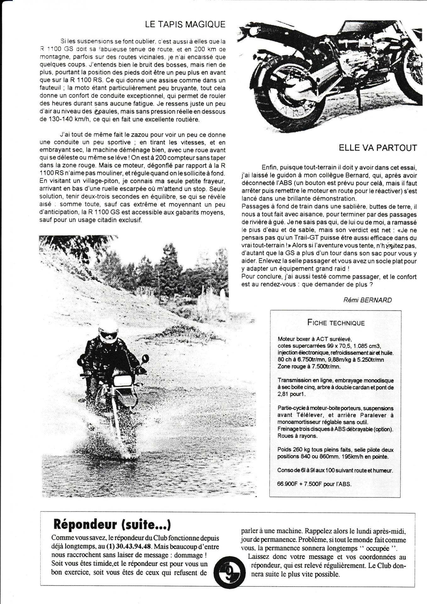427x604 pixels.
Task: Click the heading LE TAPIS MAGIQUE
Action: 185,25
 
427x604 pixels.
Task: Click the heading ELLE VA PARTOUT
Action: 378,148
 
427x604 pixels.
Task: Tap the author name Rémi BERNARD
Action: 367,300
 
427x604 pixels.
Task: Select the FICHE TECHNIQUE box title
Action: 335,323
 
